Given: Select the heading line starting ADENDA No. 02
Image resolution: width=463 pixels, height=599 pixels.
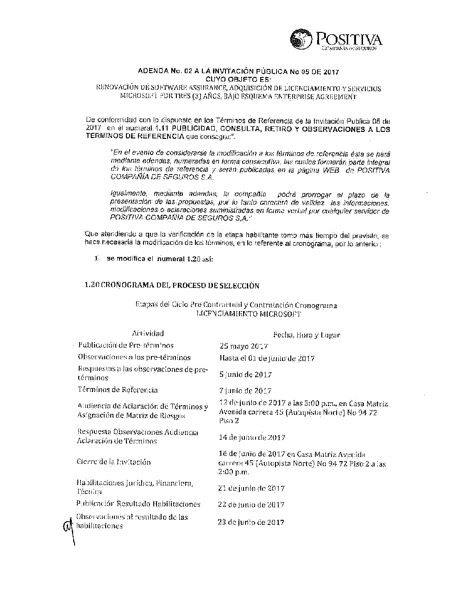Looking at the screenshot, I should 239,72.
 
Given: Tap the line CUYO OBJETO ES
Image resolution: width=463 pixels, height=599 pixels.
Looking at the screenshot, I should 238,80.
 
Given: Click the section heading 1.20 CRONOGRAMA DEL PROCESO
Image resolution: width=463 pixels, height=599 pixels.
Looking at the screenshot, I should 172,286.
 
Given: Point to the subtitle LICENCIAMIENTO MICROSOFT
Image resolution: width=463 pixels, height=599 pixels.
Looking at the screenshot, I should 249,314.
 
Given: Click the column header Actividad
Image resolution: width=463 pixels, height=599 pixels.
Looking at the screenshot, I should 148,333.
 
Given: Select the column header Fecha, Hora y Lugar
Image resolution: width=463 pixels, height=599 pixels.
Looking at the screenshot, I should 307,335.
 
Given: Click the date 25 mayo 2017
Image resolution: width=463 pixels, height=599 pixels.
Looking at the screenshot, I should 244,346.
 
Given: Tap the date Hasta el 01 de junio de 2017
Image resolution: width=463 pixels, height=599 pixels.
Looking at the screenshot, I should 267,358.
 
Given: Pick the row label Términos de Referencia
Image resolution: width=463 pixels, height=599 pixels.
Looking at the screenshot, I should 118,390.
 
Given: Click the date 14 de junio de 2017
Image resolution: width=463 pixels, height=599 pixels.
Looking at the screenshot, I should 251,437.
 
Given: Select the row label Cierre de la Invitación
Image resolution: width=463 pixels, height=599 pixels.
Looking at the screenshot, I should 114,462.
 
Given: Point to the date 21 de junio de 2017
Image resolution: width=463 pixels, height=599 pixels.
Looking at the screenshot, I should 251,488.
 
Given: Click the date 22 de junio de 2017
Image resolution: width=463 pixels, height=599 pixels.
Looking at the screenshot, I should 251,505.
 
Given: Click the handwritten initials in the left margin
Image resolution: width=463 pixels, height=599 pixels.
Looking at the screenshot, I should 69,526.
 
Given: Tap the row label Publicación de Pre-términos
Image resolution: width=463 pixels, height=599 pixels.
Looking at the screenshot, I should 126,345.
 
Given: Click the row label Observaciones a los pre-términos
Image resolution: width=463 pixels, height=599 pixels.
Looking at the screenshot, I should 134,357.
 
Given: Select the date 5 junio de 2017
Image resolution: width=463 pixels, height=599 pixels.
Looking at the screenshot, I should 245,374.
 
